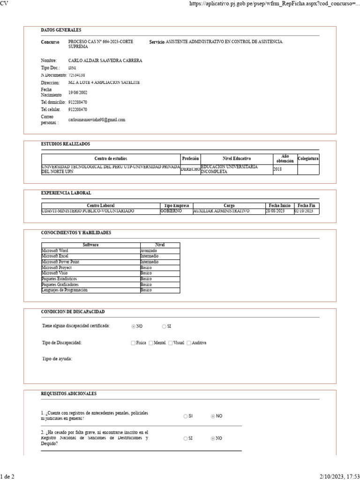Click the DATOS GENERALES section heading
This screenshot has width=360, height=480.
(61, 30)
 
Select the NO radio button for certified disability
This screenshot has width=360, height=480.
(134, 326)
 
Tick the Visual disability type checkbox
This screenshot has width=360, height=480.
(171, 343)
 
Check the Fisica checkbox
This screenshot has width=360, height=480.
(133, 343)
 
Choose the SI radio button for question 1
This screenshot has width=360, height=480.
(186, 416)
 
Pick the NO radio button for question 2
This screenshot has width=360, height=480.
(213, 438)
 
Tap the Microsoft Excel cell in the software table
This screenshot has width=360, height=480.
(55, 256)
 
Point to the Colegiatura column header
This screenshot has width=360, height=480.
(308, 159)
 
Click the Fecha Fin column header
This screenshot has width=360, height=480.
(307, 206)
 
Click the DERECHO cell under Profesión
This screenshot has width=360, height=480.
(190, 169)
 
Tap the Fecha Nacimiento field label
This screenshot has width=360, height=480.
(51, 92)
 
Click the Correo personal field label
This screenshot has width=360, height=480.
(50, 120)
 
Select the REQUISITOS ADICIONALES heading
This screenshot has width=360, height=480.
(69, 394)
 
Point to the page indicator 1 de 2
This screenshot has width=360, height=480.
(7, 476)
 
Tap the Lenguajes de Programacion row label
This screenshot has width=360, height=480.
(65, 290)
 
